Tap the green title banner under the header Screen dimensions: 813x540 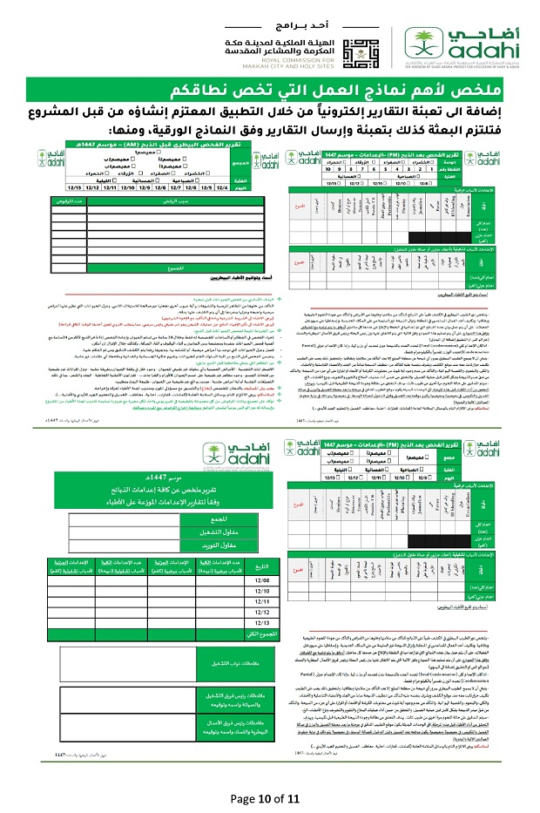tap(270, 90)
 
